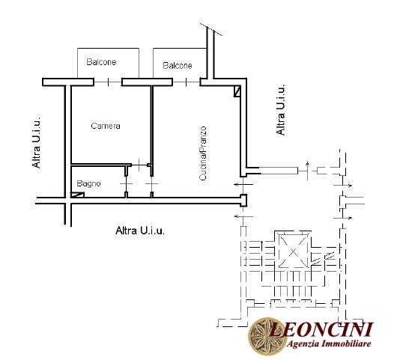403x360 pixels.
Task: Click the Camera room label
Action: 106,126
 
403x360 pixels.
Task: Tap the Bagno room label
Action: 88,184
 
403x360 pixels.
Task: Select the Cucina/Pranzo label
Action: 203,153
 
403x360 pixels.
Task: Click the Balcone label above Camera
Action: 101,62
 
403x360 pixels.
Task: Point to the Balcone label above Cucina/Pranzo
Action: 178,65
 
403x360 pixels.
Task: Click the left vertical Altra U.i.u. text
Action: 36,143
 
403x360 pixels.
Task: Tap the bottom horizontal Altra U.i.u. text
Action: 140,231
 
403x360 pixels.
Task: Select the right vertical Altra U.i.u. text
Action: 281,109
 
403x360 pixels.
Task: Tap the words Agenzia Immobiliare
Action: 329,344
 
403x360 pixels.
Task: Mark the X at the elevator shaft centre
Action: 293,252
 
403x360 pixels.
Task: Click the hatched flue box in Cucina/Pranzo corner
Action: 237,91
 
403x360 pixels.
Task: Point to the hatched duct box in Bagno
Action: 77,195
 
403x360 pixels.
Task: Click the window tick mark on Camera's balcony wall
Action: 108,82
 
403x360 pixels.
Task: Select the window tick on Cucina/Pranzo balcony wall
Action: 186,82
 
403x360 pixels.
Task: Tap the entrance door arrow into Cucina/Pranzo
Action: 243,184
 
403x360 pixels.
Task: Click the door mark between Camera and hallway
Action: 139,165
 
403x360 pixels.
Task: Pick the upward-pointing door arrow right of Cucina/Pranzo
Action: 307,170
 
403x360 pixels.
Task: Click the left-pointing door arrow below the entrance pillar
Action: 243,216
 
